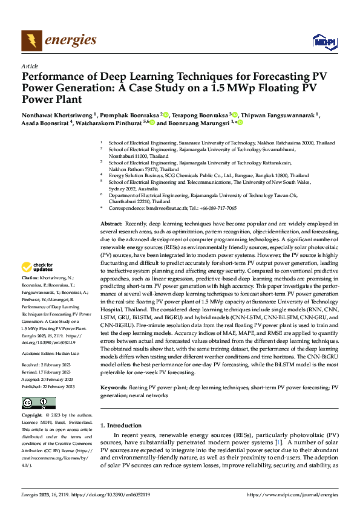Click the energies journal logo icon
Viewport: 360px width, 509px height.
[x=31, y=41]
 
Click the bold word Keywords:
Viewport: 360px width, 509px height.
[x=115, y=387]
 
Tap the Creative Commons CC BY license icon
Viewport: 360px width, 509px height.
[x=39, y=403]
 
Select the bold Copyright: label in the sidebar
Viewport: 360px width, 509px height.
[x=33, y=416]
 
